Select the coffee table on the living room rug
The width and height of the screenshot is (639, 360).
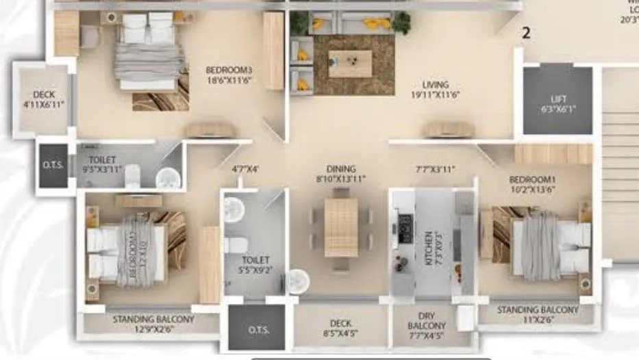tap(350, 64)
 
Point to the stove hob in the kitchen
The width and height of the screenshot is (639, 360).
tap(405, 227)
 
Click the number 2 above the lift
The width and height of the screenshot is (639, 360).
tap(527, 32)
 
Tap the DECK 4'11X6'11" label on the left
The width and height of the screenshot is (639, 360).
tap(42, 100)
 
